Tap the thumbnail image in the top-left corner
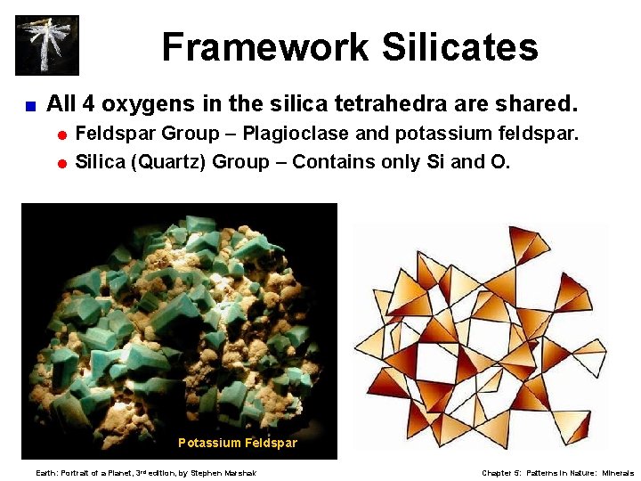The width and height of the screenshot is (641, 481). click(x=47, y=45)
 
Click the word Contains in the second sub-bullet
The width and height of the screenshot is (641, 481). click(x=332, y=161)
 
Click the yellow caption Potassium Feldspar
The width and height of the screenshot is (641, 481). click(x=238, y=443)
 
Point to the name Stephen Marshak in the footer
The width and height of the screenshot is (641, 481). click(x=223, y=473)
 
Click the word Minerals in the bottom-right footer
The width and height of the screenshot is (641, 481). click(x=618, y=473)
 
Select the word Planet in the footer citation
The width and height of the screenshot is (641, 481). click(x=118, y=473)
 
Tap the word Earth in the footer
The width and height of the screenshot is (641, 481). click(x=45, y=473)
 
